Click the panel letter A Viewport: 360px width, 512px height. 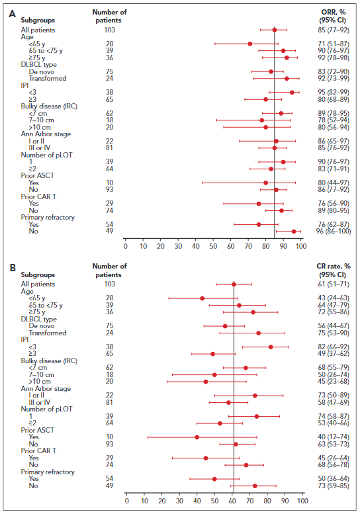pos(13,14)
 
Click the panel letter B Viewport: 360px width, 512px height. pos(13,268)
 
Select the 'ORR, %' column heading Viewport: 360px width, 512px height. pos(334,12)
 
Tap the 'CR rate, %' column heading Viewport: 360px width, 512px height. pos(334,266)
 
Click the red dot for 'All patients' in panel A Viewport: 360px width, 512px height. pos(275,30)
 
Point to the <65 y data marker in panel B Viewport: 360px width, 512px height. pos(202,298)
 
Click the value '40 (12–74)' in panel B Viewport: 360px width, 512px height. pos(334,437)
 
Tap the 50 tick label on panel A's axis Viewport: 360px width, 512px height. pos(213,246)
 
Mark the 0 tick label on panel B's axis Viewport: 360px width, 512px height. pos(127,501)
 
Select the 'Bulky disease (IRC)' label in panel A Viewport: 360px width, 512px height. pos(49,107)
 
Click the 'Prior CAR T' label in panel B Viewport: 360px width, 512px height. pos(38,450)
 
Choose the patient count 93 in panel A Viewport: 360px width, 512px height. pos(109,189)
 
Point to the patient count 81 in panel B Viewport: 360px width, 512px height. pos(109,403)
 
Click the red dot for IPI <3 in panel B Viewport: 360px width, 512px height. pos(271,347)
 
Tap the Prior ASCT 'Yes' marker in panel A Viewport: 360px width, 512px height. pos(265,183)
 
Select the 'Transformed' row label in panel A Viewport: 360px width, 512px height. pos(48,79)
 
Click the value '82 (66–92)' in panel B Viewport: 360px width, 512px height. pos(334,347)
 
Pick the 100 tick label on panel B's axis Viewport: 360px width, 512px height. pos(303,501)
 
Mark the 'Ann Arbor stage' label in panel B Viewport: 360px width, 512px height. pos(46,388)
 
